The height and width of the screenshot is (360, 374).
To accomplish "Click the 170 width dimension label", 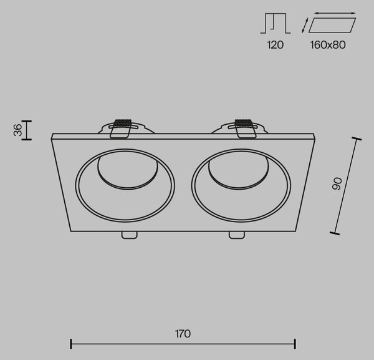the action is click(183, 334).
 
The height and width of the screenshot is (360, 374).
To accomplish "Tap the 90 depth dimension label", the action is click(337, 184).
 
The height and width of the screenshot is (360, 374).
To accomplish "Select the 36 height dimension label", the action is click(17, 130).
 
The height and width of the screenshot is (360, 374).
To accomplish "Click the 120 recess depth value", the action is click(276, 45).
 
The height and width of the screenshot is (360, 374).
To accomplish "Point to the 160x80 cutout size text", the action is click(328, 45).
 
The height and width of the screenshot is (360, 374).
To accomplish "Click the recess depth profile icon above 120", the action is click(276, 23).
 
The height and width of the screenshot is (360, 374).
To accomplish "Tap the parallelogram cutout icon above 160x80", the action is click(332, 25).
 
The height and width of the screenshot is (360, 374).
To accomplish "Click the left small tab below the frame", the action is click(129, 235).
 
